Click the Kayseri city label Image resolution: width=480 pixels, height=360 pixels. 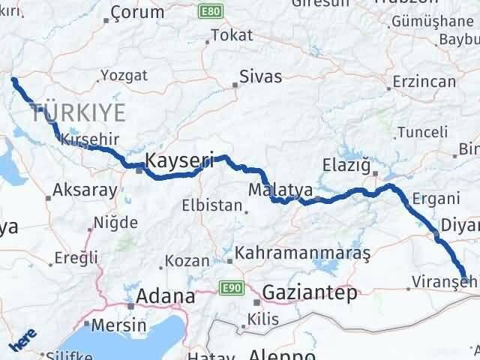point(180,160)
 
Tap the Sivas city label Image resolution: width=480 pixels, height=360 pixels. point(260,76)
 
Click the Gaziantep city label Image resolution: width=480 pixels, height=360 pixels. point(309,293)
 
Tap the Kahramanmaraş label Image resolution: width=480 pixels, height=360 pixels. point(303,253)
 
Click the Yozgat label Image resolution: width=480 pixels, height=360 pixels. point(124,75)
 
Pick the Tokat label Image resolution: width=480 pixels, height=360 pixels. point(232,34)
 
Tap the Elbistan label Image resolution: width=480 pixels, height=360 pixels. point(212,205)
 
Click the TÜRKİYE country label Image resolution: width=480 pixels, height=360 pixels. point(77,114)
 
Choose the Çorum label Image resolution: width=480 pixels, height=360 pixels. point(136,12)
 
